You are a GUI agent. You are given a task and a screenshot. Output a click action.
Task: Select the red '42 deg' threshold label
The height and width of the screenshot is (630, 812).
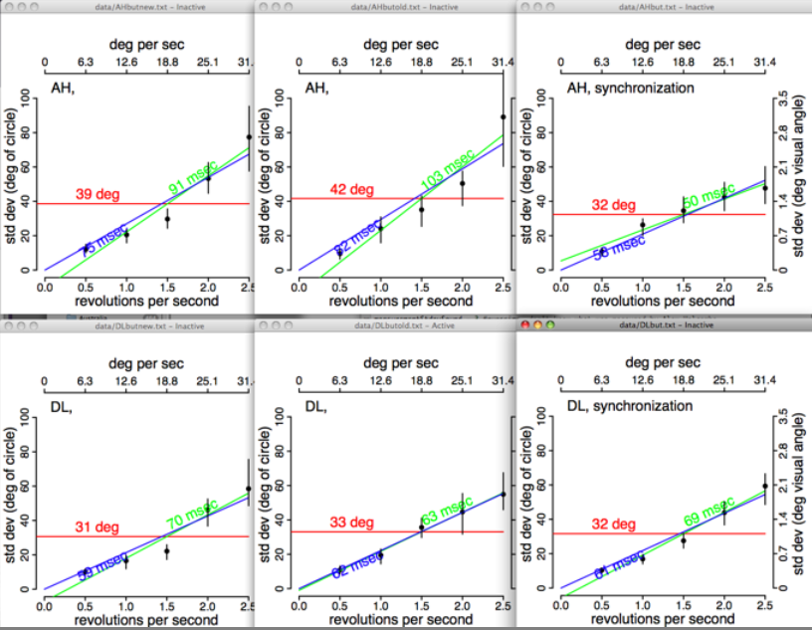(x=351, y=190)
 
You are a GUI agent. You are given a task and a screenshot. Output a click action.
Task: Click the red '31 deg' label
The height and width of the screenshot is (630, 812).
(x=96, y=527)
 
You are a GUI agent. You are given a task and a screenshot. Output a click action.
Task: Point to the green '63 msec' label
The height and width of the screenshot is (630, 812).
(x=445, y=514)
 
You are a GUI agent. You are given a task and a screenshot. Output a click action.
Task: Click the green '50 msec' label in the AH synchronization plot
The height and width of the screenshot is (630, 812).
(x=707, y=192)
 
